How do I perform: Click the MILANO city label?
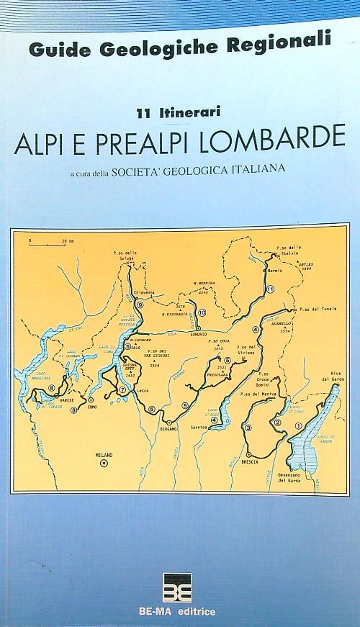coord(104,455)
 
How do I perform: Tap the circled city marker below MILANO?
coord(104,464)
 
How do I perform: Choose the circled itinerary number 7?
coord(123,389)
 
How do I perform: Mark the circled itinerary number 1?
coord(297,426)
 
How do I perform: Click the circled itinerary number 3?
coord(248,428)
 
